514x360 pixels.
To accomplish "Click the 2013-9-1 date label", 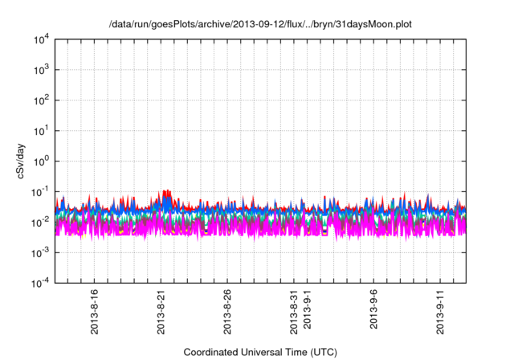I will click(308, 309).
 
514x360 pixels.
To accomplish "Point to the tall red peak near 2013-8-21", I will click(166, 194).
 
